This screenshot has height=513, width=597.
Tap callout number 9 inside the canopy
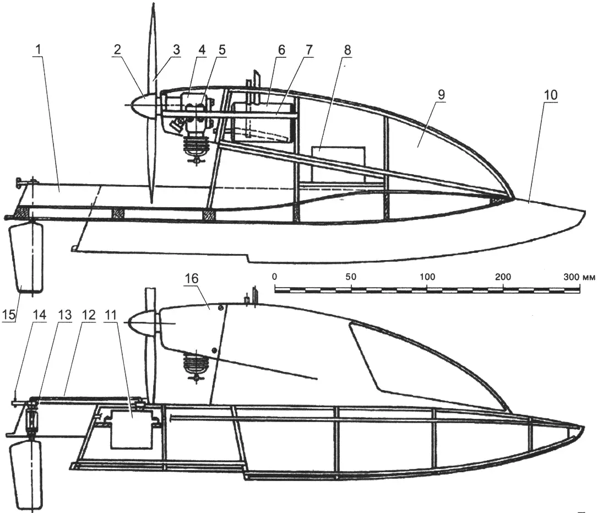(441, 95)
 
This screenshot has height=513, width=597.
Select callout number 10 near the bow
(551, 95)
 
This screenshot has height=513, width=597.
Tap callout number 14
(40, 315)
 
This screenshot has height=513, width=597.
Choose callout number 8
(347, 50)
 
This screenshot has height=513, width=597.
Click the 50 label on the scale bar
(351, 277)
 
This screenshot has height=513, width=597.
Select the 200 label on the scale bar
(503, 277)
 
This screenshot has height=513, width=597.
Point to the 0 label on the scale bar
(275, 277)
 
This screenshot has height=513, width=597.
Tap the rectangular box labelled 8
(338, 164)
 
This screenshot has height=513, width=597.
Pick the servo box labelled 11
(131, 430)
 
